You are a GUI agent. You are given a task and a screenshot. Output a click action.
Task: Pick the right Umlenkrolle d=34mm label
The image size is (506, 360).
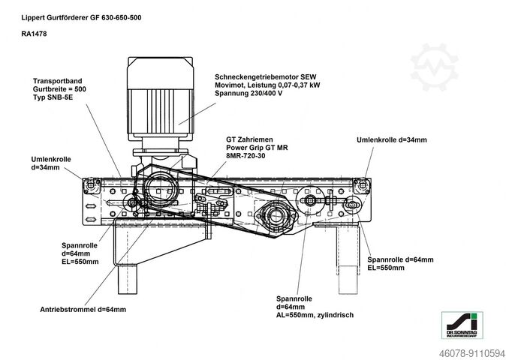click(x=391, y=139)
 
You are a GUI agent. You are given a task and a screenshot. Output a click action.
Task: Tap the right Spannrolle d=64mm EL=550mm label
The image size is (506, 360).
click(x=400, y=262)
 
